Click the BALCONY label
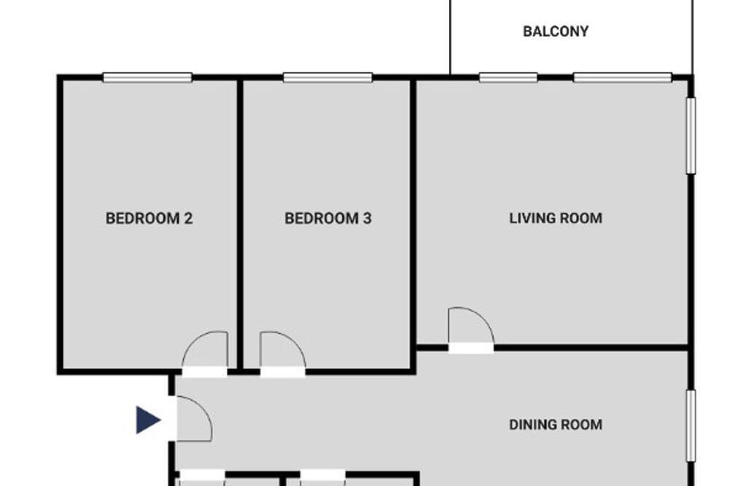(555, 31)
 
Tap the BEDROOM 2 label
(149, 218)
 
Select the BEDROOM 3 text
(328, 218)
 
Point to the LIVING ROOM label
(555, 218)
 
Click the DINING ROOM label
(555, 425)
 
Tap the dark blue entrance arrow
(148, 420)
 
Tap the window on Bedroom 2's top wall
(147, 77)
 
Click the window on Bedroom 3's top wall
(328, 77)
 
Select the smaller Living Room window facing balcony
(508, 77)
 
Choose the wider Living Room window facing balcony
(623, 77)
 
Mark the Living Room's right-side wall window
(691, 136)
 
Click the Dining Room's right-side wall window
(691, 426)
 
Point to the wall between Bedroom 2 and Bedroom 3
(240, 223)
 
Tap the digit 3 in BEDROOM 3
(367, 218)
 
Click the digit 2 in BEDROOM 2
(188, 218)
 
